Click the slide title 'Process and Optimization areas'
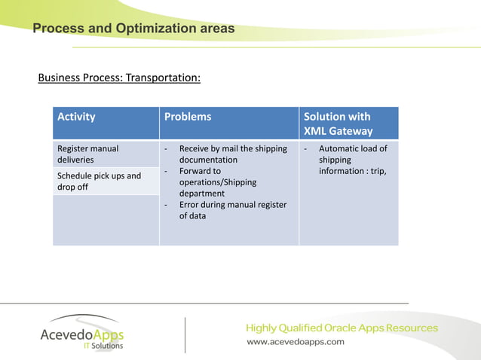(133, 29)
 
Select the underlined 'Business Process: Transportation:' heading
(119, 78)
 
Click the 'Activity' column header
(76, 117)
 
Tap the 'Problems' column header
(188, 117)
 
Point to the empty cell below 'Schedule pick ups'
(106, 219)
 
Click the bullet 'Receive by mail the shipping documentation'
(232, 154)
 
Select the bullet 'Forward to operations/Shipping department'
(217, 182)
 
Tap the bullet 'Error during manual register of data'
(232, 210)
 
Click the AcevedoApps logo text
(81, 334)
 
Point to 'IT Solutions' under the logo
(103, 346)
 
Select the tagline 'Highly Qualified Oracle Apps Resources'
(342, 328)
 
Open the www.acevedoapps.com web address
(296, 341)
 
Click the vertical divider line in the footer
(185, 334)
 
